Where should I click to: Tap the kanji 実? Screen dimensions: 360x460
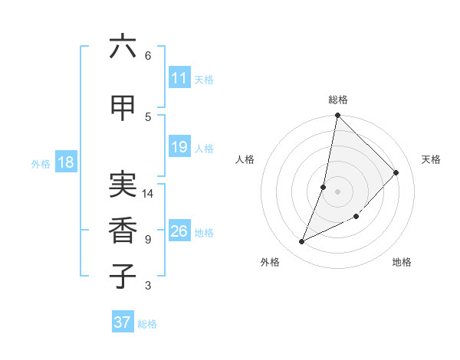coord(123,184)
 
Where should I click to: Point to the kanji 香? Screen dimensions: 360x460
coord(123,230)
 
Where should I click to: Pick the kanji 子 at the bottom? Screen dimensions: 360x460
coord(123,276)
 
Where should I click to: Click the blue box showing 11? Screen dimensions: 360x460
coord(179,78)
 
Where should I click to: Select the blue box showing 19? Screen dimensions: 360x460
coord(179,147)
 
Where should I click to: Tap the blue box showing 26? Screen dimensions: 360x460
coord(179,231)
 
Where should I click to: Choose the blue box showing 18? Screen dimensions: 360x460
coord(65,162)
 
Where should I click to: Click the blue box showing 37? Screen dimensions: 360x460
coord(123,322)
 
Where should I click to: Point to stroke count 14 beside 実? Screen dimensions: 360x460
coord(149,194)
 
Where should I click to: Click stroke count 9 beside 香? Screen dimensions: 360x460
coord(148,240)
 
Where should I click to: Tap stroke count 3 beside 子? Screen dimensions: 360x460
coord(148,286)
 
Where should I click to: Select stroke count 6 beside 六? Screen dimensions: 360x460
coord(148,56)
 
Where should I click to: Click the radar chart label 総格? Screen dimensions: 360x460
coord(338,100)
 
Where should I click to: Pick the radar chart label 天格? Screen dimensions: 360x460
coord(431,159)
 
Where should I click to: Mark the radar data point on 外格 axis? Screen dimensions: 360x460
coord(302,242)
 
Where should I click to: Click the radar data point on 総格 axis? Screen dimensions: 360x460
coord(338,116)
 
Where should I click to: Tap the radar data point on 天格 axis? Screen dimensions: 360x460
coord(396,172)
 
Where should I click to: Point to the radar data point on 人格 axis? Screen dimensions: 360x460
coord(324,187)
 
